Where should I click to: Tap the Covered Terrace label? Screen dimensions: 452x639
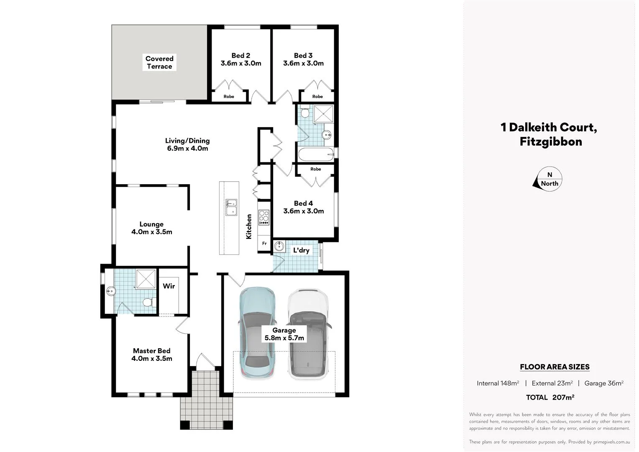[x=159, y=62]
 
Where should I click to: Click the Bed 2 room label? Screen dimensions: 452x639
[x=241, y=56]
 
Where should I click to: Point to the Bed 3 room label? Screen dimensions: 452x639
[x=303, y=56]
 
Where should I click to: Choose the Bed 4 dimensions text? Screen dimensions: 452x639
[x=304, y=211]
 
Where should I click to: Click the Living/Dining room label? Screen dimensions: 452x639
[x=187, y=141]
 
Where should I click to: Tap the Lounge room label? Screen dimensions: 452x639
[x=151, y=224]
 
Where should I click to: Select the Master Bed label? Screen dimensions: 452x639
[x=152, y=351]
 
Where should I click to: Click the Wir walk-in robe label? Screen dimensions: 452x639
[x=169, y=286]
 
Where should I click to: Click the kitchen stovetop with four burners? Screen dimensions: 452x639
[x=264, y=216]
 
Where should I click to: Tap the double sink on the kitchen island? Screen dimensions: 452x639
[x=231, y=207]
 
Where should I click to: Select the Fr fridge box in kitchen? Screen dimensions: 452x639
[x=264, y=243]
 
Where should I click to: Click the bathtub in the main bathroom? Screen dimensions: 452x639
[x=316, y=154]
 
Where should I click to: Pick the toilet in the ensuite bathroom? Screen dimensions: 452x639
[x=147, y=302]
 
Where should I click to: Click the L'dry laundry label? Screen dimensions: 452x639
[x=301, y=250]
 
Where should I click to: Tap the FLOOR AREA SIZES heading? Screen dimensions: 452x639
[x=555, y=367]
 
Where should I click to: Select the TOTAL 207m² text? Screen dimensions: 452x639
[x=550, y=397]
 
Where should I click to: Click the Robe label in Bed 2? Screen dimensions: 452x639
[x=229, y=97]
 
